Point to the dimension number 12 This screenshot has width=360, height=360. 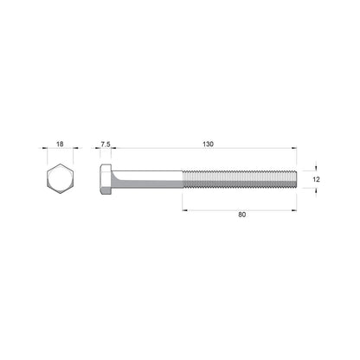click(317, 178)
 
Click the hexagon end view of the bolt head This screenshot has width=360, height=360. click(59, 179)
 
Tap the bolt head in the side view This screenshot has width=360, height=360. click(106, 179)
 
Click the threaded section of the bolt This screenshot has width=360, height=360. click(241, 179)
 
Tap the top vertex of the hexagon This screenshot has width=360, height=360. click(59, 163)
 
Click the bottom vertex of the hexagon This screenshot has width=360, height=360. click(59, 196)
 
